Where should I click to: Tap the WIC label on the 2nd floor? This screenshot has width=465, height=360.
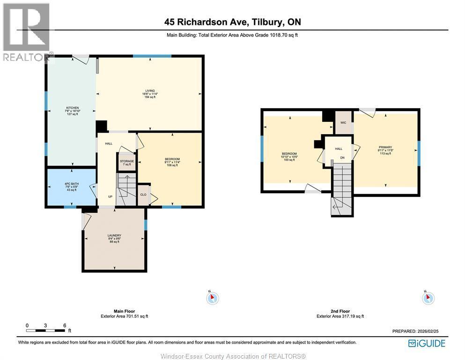(x=343, y=123)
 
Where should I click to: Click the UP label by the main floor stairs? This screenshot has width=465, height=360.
(x=110, y=196)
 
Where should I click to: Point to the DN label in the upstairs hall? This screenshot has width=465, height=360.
(x=342, y=157)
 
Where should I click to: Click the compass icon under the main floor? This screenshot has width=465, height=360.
(x=213, y=298)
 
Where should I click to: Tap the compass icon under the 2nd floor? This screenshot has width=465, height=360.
(x=428, y=298)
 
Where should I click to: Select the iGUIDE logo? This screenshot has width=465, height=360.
(x=426, y=343)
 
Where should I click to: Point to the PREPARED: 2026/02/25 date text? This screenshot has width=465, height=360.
(x=415, y=331)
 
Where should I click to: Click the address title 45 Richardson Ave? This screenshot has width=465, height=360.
(x=232, y=22)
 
